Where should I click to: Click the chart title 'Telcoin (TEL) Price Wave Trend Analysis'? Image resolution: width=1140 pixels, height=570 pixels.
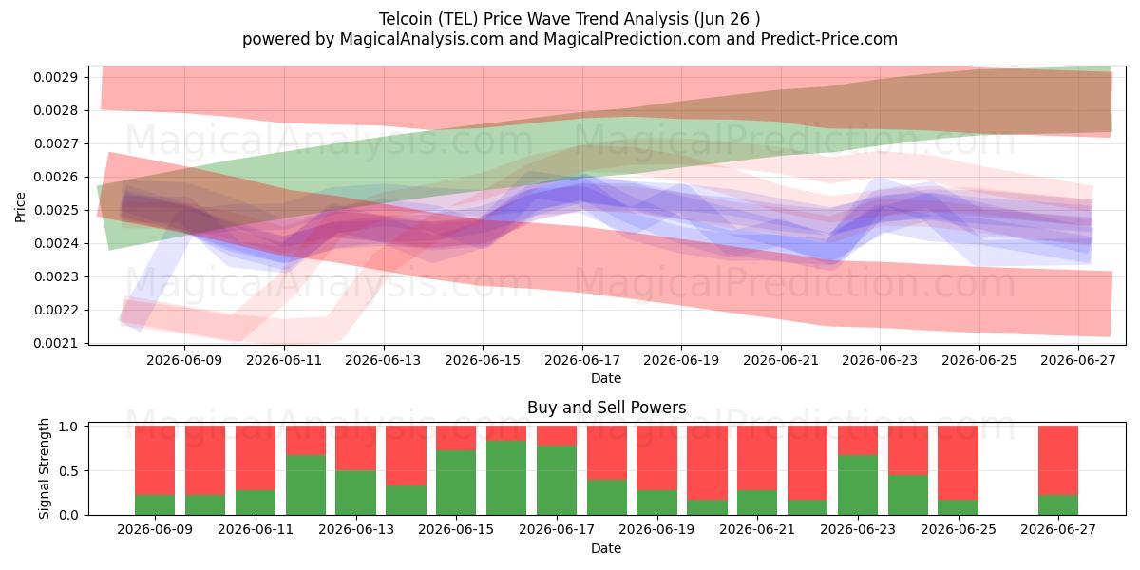(x=534, y=19)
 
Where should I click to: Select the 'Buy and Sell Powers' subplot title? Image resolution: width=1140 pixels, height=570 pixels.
(x=607, y=408)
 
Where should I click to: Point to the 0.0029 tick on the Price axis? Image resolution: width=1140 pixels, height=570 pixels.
(x=55, y=77)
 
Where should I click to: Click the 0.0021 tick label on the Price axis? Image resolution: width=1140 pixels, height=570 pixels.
(x=55, y=344)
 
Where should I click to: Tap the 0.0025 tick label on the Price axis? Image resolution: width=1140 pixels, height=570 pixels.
(x=55, y=210)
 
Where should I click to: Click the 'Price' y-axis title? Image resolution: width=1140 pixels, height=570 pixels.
(x=20, y=208)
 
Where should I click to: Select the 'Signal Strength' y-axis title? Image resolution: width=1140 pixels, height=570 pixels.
(x=45, y=468)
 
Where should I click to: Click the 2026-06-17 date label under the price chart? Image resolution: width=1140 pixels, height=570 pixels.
(x=582, y=360)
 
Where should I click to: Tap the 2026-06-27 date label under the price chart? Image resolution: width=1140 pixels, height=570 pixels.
(x=1078, y=360)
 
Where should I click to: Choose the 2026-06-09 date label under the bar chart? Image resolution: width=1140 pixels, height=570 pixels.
(x=155, y=529)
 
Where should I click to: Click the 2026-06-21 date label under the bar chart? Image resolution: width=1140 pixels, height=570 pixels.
(x=757, y=529)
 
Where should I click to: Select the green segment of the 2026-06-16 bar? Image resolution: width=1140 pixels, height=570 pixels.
(x=506, y=478)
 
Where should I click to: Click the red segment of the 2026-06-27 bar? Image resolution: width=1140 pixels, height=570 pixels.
(x=1058, y=461)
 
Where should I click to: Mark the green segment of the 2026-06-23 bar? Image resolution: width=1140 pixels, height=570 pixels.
(x=858, y=485)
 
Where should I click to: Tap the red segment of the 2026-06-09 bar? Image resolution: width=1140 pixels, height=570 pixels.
(x=155, y=461)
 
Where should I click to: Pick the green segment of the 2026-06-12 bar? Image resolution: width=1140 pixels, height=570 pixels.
(x=306, y=485)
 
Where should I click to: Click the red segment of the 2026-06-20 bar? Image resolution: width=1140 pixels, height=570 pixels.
(x=707, y=464)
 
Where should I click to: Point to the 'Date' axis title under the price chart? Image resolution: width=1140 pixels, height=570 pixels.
(x=606, y=378)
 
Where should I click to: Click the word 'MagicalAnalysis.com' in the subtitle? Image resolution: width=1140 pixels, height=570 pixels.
(x=422, y=39)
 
